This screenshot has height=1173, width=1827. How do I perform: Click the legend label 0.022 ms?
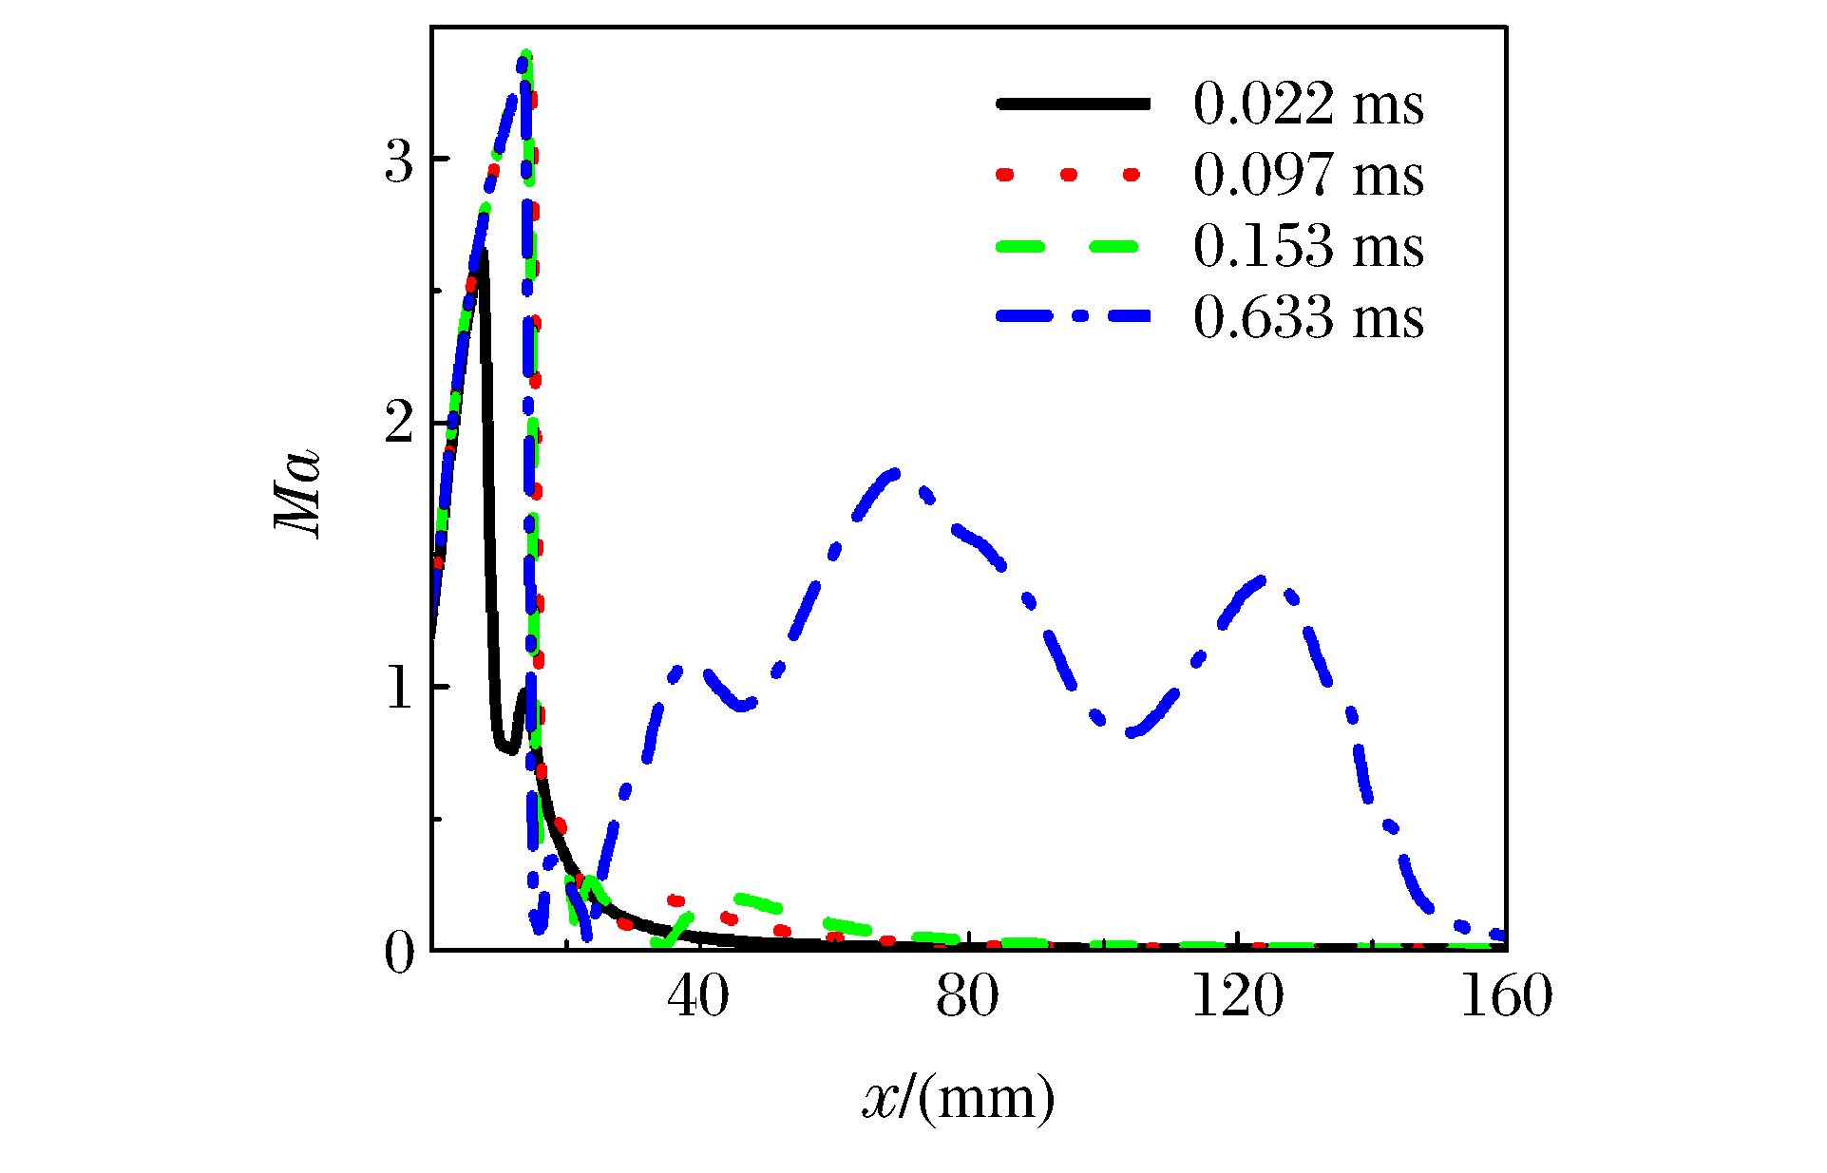pyautogui.click(x=1308, y=104)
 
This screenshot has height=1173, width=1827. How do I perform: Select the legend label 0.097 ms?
pyautogui.click(x=1308, y=175)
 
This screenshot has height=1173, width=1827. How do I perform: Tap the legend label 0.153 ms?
pyautogui.click(x=1308, y=246)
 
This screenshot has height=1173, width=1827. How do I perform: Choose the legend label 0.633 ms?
pyautogui.click(x=1308, y=317)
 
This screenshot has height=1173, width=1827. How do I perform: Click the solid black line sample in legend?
pyautogui.click(x=1073, y=104)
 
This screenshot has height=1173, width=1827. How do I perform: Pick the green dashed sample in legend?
pyautogui.click(x=1068, y=246)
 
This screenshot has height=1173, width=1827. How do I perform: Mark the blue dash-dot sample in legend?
pyautogui.click(x=1073, y=316)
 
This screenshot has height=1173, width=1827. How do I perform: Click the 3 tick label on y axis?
pyautogui.click(x=400, y=161)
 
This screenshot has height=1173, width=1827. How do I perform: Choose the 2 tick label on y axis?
pyautogui.click(x=400, y=425)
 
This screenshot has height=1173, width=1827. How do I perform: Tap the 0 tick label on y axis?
pyautogui.click(x=400, y=952)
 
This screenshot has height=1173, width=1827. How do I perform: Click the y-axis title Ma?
pyautogui.click(x=298, y=494)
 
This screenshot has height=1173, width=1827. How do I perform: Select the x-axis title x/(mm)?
pyautogui.click(x=959, y=1098)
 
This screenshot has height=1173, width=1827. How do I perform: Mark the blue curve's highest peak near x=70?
pyautogui.click(x=893, y=472)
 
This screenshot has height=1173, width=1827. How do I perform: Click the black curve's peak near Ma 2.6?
pyautogui.click(x=483, y=253)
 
